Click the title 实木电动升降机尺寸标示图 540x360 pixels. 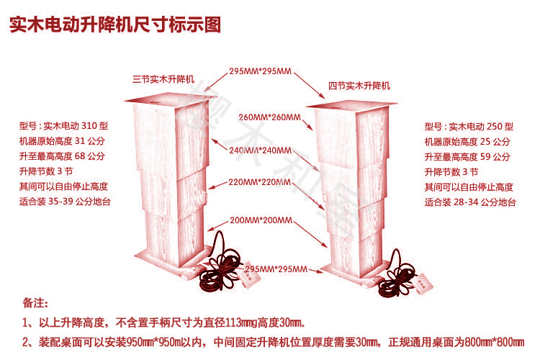point(114,25)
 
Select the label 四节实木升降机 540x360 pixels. point(359,86)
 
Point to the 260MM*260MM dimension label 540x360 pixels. point(269,117)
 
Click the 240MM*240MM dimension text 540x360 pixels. point(260,150)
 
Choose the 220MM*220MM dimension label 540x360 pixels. point(260,183)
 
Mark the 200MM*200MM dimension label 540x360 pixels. point(260,220)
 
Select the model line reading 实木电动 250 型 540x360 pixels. point(469,126)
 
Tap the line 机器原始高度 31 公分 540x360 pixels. point(63,140)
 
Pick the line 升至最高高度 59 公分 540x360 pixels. point(467,156)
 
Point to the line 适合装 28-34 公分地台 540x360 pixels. point(470,203)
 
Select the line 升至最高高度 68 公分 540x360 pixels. point(63,156)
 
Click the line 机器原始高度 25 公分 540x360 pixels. point(467,141)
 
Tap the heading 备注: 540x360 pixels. point(35,303)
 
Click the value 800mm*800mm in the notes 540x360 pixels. point(493,341)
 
